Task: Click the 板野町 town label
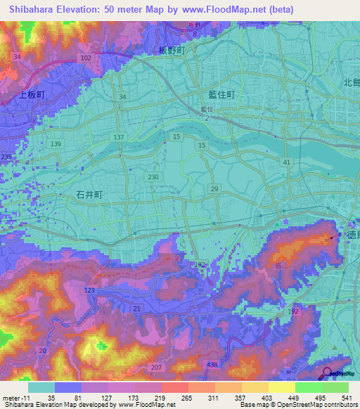(x=170, y=51)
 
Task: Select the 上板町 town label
(x=31, y=93)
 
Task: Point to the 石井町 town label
(x=89, y=198)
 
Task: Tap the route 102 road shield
(x=86, y=58)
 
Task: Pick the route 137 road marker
(x=118, y=137)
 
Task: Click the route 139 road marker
(x=56, y=144)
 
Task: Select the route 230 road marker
(x=153, y=177)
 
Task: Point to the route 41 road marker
(x=286, y=162)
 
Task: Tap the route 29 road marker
(x=214, y=189)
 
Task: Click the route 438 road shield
(x=212, y=364)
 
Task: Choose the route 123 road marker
(x=89, y=290)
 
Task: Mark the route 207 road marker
(x=156, y=368)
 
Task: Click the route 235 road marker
(x=6, y=157)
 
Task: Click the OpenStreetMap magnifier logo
(x=328, y=373)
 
